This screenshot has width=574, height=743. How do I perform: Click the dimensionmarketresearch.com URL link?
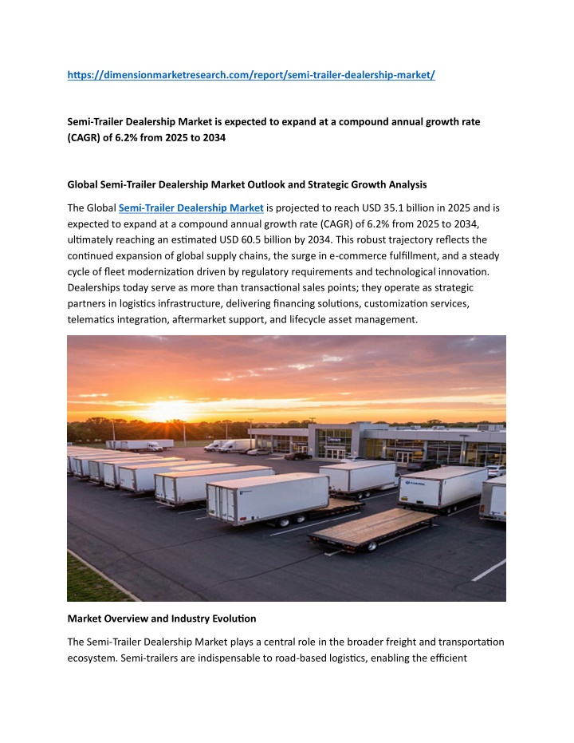[251, 75]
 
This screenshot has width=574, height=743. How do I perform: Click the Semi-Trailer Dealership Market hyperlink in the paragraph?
[191, 208]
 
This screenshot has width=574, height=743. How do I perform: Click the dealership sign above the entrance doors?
[333, 438]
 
